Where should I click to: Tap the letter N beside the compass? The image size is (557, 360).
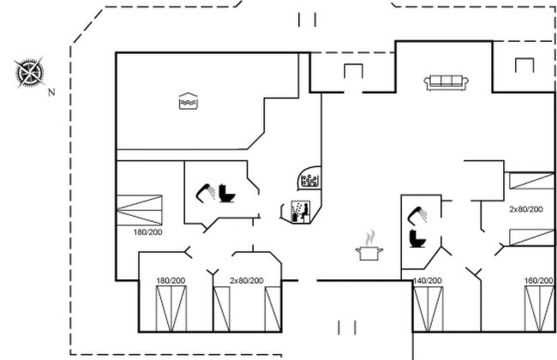click(51, 92)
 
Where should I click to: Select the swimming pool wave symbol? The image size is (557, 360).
click(188, 100)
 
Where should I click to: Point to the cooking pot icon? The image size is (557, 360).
click(369, 254)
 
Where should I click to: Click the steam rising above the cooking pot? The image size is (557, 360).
click(369, 236)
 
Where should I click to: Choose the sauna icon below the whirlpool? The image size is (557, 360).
click(297, 210)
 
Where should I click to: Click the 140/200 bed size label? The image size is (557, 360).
click(428, 280)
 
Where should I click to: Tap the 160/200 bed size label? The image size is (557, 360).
click(538, 280)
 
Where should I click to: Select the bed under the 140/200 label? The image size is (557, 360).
click(428, 310)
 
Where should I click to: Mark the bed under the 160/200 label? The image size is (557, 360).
click(538, 310)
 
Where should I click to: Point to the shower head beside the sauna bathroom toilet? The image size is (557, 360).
click(206, 189)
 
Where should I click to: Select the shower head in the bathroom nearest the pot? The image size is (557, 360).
click(417, 213)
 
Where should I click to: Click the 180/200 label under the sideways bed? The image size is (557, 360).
click(147, 231)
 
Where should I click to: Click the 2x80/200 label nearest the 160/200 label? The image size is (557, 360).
click(525, 209)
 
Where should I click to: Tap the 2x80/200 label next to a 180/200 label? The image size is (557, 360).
click(246, 280)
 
